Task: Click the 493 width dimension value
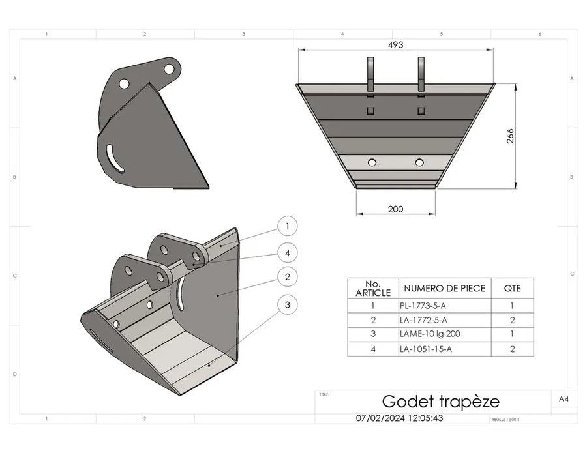pyautogui.click(x=396, y=45)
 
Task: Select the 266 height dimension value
pyautogui.click(x=511, y=136)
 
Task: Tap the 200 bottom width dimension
pyautogui.click(x=395, y=209)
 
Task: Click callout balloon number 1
pyautogui.click(x=287, y=226)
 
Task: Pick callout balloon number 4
pyautogui.click(x=287, y=252)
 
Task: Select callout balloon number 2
pyautogui.click(x=287, y=276)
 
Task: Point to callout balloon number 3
pyautogui.click(x=287, y=304)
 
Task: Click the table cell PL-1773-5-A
pyautogui.click(x=422, y=305)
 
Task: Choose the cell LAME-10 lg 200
pyautogui.click(x=427, y=334)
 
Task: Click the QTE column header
pyautogui.click(x=512, y=288)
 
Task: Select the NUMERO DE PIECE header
pyautogui.click(x=445, y=288)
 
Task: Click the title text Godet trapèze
pyautogui.click(x=440, y=400)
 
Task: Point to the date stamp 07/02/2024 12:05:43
pyautogui.click(x=399, y=418)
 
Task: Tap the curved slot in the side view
pyautogui.click(x=115, y=159)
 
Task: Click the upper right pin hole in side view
pyautogui.click(x=169, y=68)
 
